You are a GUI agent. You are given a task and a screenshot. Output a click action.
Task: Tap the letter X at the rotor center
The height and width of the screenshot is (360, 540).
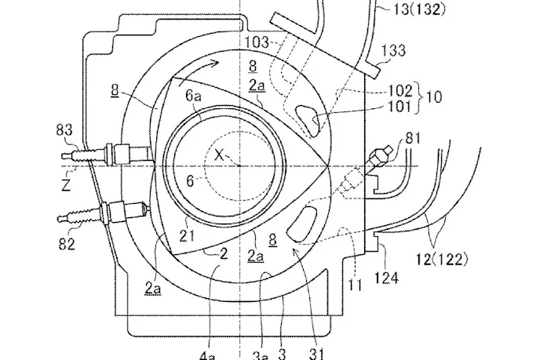click(219, 155)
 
